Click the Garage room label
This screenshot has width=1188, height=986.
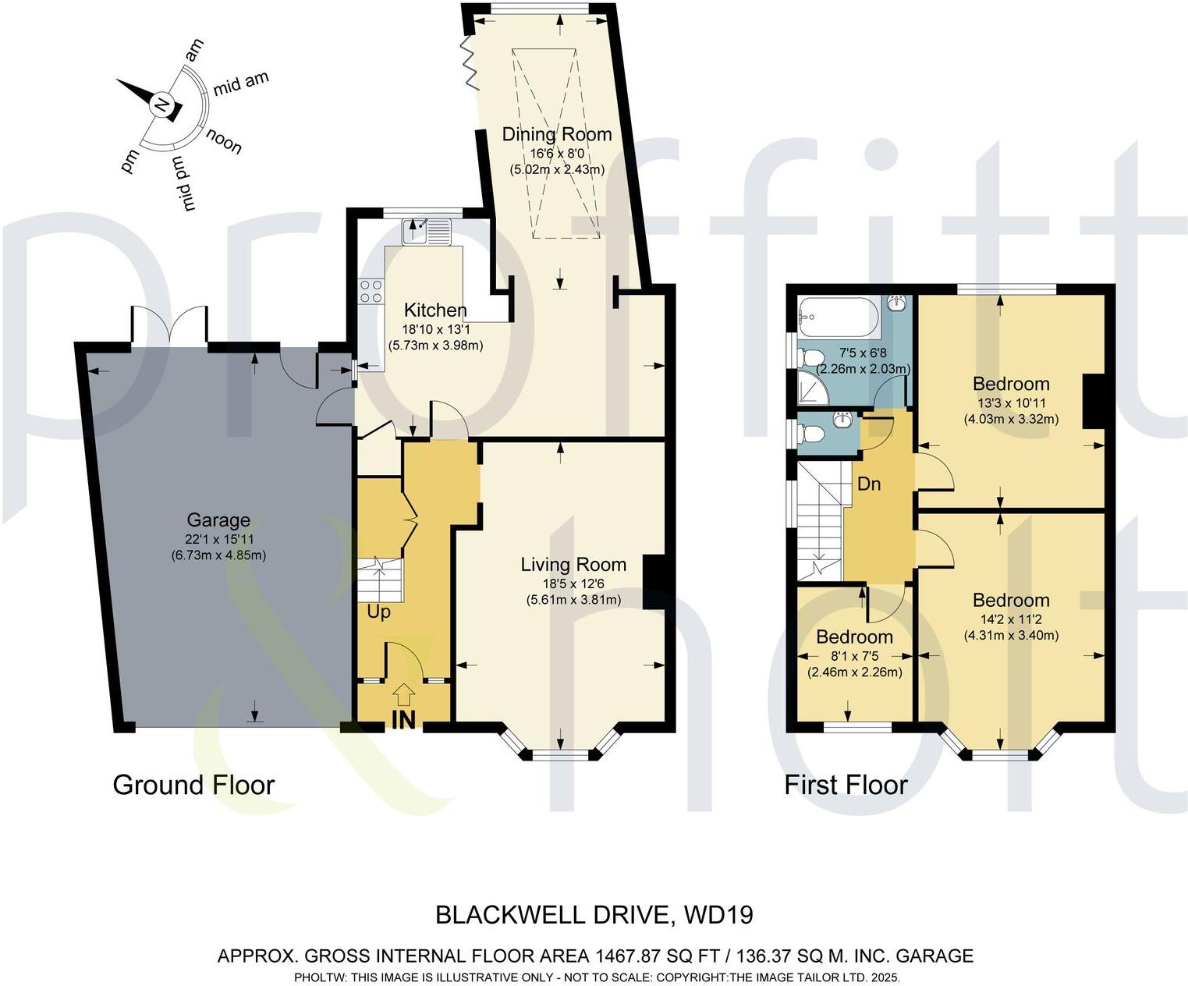[218, 520]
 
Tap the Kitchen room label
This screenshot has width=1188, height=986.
[435, 310]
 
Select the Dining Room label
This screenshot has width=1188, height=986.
[556, 134]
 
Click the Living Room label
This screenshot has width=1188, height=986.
[573, 565]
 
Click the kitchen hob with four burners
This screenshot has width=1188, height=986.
[371, 291]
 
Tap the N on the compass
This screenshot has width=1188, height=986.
[161, 105]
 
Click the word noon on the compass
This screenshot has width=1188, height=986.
[224, 142]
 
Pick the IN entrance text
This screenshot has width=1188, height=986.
[403, 719]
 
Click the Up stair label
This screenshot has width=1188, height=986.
[378, 612]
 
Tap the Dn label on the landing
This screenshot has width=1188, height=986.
[869, 484]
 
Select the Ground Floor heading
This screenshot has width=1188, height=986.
[193, 785]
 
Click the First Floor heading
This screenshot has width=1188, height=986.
[846, 785]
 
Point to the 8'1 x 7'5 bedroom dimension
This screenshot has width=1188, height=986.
[854, 656]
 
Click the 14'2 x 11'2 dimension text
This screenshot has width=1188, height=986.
[1011, 619]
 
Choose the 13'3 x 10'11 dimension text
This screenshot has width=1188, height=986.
[1011, 403]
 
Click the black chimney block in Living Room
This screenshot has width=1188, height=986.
[654, 581]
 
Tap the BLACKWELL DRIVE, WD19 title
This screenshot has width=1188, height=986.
[594, 914]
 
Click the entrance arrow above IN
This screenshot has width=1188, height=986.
[403, 692]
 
